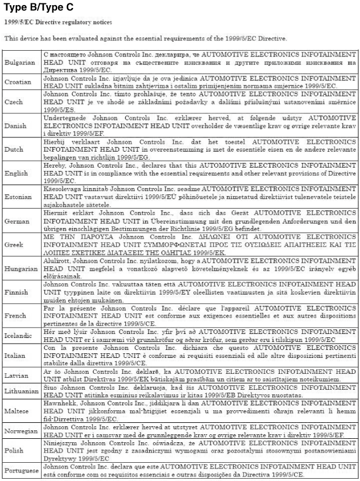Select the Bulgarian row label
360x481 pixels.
click(20, 62)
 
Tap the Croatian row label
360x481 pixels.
click(18, 81)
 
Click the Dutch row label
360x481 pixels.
click(14, 149)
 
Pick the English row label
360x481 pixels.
click(16, 173)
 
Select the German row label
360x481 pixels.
click(17, 221)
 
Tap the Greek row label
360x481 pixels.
click(14, 244)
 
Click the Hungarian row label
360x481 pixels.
click(21, 268)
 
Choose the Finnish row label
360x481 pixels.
click(17, 292)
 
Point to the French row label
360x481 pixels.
click(15, 315)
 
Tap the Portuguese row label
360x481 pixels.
click(22, 471)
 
